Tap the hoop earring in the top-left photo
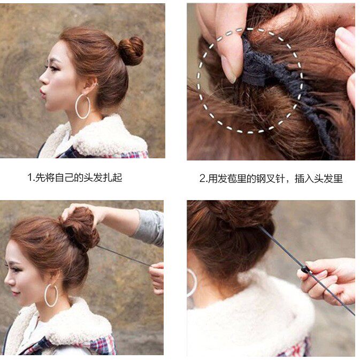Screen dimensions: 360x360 tap(83, 107)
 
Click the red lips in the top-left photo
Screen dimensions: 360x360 tap(42, 93)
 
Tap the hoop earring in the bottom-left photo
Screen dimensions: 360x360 tap(51, 295)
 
